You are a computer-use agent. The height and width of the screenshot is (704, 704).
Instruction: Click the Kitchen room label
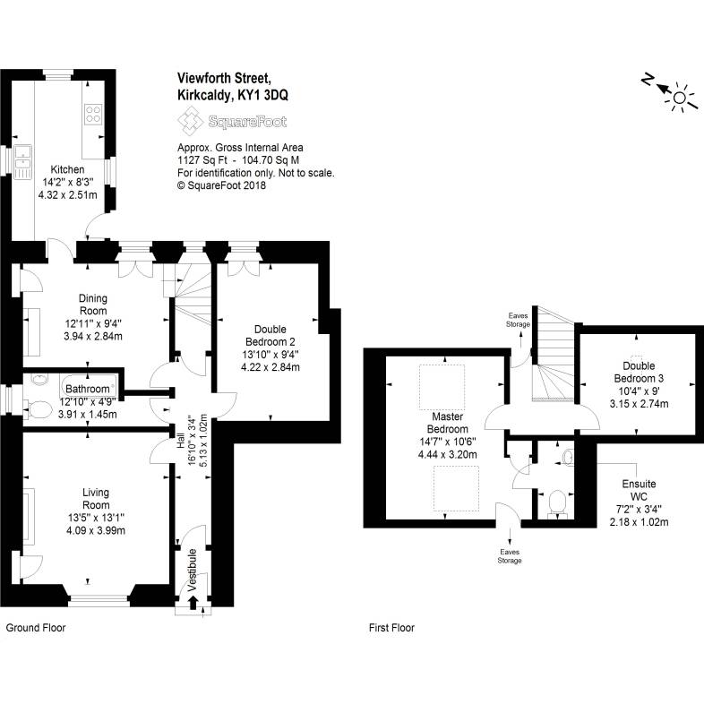pos(67,169)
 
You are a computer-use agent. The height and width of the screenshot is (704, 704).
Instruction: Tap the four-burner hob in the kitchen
pos(93,114)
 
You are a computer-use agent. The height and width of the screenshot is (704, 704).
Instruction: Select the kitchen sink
pos(22,162)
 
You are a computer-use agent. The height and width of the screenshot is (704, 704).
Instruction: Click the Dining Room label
pos(93,305)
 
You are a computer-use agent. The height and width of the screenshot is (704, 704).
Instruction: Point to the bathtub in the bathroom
pos(90,385)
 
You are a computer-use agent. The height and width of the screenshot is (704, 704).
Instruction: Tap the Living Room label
pos(95,499)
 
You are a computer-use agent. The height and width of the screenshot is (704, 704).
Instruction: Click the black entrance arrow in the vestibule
pos(193,603)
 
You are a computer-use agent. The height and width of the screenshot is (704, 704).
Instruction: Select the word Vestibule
pos(192,570)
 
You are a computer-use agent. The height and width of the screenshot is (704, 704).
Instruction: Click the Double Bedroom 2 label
pos(270,335)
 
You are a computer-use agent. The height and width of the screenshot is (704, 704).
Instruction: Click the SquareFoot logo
pos(232,121)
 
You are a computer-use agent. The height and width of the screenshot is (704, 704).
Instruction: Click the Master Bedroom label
pos(447,423)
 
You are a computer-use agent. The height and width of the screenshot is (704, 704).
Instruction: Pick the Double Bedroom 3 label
pos(639,372)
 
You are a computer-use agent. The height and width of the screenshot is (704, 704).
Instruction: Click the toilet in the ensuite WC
pos(558,502)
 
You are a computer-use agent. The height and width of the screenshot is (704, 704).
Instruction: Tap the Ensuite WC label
pos(639,490)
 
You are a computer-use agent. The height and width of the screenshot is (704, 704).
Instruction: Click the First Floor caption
pos(391,628)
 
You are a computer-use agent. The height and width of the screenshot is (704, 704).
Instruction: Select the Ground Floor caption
pos(36,628)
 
